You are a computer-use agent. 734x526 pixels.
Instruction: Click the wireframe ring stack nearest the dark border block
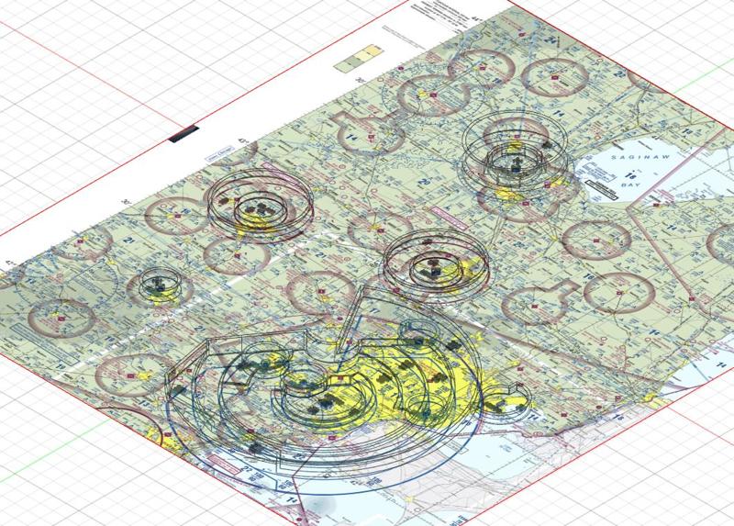pos(259,206)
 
